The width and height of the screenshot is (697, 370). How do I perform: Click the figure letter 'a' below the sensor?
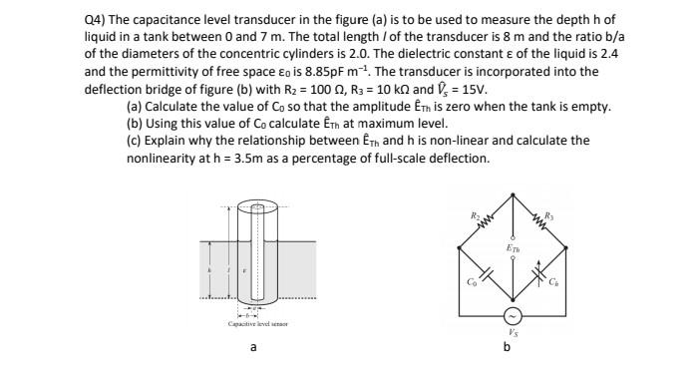coord(253,350)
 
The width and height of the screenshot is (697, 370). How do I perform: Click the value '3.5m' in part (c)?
coord(241,159)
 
